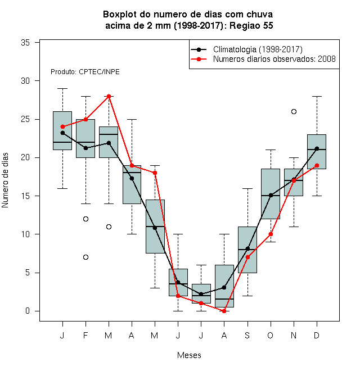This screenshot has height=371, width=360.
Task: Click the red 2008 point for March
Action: click(x=109, y=96)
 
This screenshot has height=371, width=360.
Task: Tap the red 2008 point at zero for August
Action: click(x=224, y=311)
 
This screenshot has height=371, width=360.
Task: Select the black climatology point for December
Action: click(x=317, y=148)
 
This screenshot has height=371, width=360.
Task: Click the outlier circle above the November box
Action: click(x=294, y=111)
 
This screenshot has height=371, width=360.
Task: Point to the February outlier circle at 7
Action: click(x=85, y=257)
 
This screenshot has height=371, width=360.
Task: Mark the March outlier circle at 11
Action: click(x=109, y=227)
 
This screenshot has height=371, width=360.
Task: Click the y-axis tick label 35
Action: click(x=25, y=43)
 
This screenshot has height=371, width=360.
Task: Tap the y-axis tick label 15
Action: click(x=25, y=196)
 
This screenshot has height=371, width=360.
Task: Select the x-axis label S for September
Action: click(x=247, y=335)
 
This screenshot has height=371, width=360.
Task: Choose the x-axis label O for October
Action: click(x=270, y=335)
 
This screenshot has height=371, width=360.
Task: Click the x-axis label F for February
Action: click(x=85, y=335)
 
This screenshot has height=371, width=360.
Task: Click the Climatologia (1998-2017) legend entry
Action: click(x=246, y=49)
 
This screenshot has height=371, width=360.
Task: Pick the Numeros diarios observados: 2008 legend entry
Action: click(x=263, y=59)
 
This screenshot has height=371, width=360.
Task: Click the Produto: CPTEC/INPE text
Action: click(x=85, y=72)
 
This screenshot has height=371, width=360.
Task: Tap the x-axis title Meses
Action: click(x=189, y=355)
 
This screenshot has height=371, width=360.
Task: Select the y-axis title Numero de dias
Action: click(x=5, y=180)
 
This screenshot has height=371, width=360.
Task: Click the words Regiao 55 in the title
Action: click(x=251, y=25)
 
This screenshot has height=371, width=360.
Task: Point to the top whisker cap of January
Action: click(x=62, y=88)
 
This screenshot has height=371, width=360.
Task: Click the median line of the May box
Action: click(x=155, y=227)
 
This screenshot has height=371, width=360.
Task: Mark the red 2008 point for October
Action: click(x=271, y=234)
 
